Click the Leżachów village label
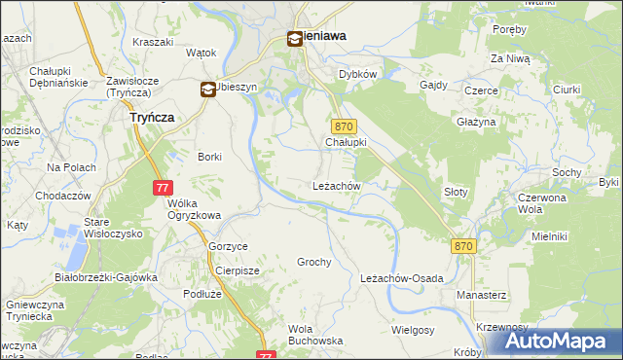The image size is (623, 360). point(337,185)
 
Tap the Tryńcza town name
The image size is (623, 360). point(152,117)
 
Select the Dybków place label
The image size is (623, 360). point(357,74)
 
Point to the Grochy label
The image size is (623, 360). point(314,263)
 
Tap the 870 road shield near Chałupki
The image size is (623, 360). point(345,126)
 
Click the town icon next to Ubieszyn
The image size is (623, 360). point(208,90)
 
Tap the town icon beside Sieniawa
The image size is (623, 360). point(294,40)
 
